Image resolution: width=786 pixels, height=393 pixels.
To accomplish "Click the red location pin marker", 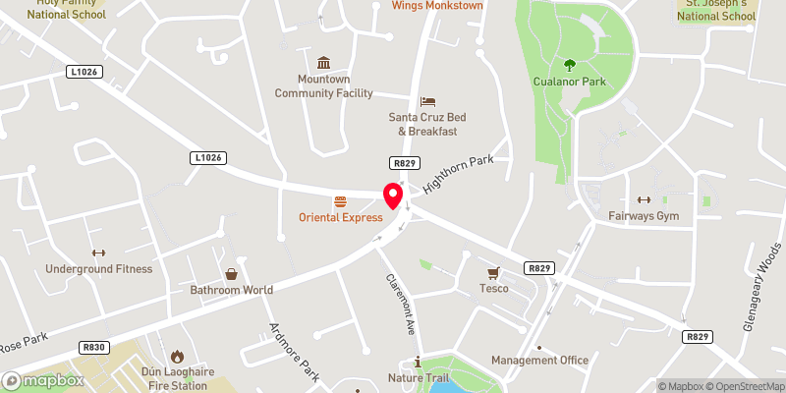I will coord(393,196).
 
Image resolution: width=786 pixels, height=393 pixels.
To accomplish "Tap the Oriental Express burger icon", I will coord(341,199).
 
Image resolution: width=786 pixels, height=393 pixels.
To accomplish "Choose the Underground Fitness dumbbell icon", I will coord(97,253).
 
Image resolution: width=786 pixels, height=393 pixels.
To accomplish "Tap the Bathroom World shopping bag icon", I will coord(231,274).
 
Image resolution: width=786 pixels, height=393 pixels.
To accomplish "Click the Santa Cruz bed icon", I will coord(426,101).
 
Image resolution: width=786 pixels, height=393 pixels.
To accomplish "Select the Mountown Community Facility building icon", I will coord(323,62).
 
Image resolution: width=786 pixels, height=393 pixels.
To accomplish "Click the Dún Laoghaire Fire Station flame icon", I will coord(177,356).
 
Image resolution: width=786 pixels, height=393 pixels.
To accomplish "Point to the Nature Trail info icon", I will coord(419,362).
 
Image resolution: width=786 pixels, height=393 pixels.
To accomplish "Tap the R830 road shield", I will coord(93,347).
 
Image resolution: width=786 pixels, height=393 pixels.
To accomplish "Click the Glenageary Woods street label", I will coord(761,288).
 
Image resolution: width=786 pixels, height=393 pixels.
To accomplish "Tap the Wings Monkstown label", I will coord(437,6).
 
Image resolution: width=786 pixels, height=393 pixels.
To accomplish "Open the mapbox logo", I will coord(42,380).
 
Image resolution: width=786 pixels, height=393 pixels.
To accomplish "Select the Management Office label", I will coord(539,361).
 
